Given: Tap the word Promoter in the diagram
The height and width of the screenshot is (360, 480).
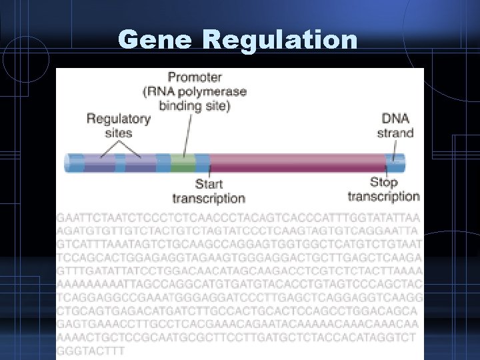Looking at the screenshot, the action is point(195,77).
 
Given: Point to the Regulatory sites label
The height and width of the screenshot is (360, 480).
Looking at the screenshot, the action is point(118,125).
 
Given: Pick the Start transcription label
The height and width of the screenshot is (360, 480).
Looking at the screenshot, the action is point(209,191).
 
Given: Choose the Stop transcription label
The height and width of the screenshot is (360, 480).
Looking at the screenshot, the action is point(383,189).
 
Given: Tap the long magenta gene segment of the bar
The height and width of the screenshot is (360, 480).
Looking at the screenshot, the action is point(297,163).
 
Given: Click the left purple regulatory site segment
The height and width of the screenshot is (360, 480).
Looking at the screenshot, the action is point(99,163).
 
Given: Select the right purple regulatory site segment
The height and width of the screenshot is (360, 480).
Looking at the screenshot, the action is point(140,163).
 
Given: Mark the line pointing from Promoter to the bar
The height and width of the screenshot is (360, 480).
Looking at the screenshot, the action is point(188,133).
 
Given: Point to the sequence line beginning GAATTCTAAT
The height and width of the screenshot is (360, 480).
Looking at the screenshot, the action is point(238,218).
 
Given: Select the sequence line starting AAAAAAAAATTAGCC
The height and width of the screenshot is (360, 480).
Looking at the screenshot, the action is point(239,283).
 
